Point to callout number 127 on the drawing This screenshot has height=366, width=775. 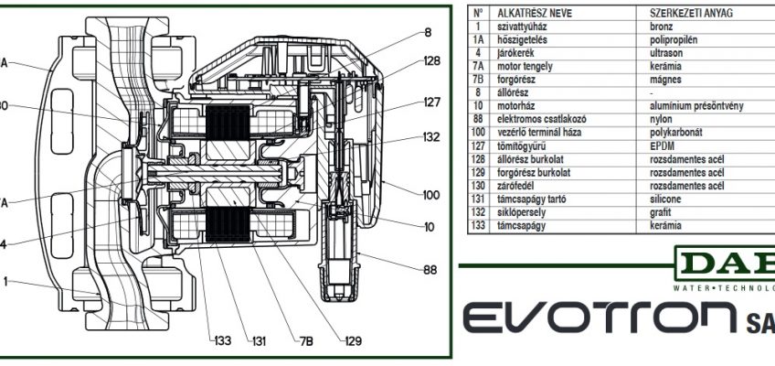pos(432,102)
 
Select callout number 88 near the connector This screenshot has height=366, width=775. pos(430,270)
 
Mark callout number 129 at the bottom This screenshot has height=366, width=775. pos(354,342)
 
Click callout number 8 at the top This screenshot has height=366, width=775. pos(428,33)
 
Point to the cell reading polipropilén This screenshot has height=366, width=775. pos(674,40)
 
